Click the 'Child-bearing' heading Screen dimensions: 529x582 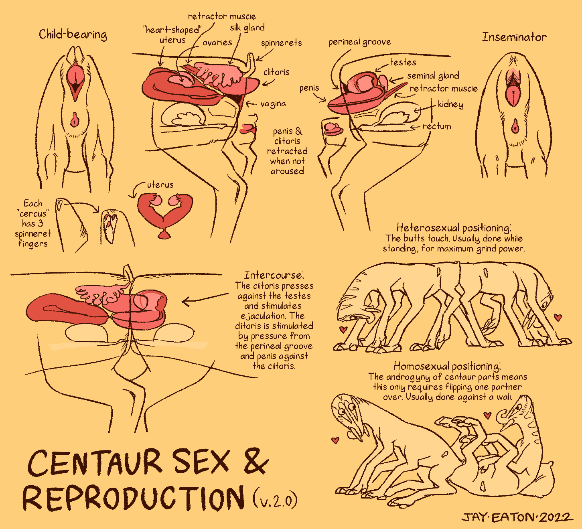(x=73, y=34)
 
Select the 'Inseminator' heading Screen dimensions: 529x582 (x=514, y=37)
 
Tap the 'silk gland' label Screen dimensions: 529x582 (x=247, y=28)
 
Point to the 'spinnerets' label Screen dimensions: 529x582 (x=281, y=43)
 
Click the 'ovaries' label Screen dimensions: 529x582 (x=217, y=43)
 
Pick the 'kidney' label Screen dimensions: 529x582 (x=450, y=104)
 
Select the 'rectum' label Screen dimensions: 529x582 (x=437, y=126)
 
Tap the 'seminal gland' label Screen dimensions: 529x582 (x=433, y=76)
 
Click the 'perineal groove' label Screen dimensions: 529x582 (x=360, y=42)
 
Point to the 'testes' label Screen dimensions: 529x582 (x=403, y=62)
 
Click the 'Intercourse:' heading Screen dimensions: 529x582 (x=274, y=275)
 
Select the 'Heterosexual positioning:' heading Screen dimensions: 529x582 (x=454, y=228)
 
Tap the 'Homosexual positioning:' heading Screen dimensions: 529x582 (x=447, y=366)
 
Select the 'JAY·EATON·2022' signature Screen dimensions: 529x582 (x=517, y=517)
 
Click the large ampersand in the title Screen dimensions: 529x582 (x=256, y=461)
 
